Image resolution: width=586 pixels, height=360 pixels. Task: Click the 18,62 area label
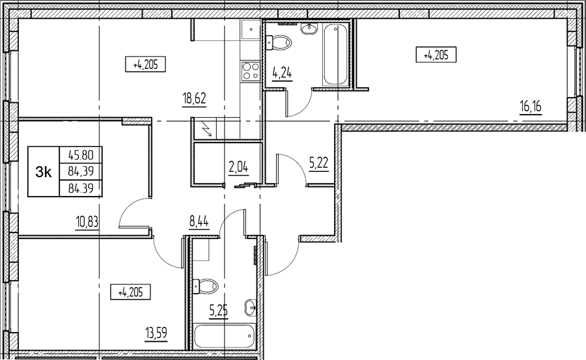pos(194,99)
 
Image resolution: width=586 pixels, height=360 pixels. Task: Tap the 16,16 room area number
pos(530,107)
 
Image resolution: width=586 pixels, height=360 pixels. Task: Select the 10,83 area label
pos(87,223)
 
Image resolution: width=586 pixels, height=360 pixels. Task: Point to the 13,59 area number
pos(156,333)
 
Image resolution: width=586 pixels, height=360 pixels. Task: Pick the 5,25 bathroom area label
pos(218,311)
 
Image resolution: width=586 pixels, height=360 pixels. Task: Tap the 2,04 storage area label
pos(239,167)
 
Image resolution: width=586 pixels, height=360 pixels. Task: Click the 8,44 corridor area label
pos(199,223)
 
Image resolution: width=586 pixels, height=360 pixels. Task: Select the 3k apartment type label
pos(44,172)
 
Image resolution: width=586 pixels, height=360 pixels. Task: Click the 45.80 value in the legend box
pos(81,154)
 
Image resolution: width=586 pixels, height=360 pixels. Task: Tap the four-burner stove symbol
pos(251,71)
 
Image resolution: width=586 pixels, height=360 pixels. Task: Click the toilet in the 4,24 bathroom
pos(278,42)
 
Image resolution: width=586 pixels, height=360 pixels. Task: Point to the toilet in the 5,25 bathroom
pos(205,286)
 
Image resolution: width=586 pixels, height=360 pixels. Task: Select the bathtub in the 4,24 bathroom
pos(336,55)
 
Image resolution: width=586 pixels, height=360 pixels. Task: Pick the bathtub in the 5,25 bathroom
pos(225,336)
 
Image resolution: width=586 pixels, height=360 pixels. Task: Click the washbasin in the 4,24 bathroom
pos(309,28)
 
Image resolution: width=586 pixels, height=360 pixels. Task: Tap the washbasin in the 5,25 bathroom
pos(251,307)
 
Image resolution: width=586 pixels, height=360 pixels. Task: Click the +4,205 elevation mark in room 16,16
pos(436,55)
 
